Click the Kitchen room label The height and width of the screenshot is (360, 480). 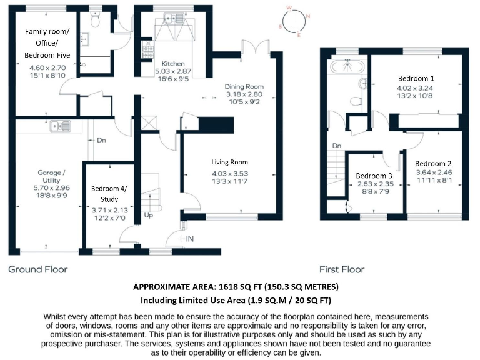(172, 64)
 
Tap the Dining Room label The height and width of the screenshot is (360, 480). (244, 86)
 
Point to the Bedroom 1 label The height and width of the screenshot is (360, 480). (416, 78)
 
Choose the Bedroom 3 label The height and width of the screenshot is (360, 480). (374, 176)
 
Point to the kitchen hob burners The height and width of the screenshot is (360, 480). (149, 49)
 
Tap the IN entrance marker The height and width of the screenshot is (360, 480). (189, 239)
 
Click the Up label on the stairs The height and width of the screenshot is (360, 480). (149, 215)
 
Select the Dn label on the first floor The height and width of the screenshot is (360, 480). (336, 146)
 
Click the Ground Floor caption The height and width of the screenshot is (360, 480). (37, 269)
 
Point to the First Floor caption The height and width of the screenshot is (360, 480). (342, 269)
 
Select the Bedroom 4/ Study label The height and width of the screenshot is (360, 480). (108, 193)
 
